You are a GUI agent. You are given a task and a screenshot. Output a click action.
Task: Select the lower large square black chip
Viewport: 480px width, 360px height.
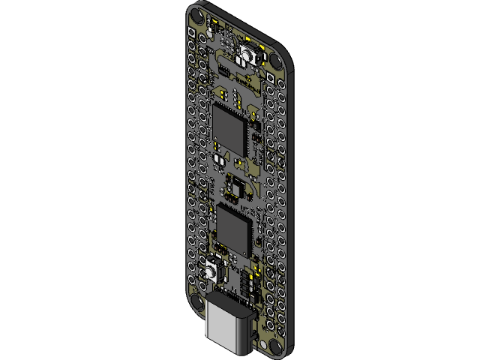[x=234, y=230]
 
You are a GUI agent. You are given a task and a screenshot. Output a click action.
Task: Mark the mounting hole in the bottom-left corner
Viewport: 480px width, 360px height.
[x=196, y=301]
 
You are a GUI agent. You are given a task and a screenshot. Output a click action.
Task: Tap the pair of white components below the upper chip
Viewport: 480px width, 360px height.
[x=220, y=160]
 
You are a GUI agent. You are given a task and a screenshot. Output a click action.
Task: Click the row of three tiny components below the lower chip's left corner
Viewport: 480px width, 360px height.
[x=223, y=247]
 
